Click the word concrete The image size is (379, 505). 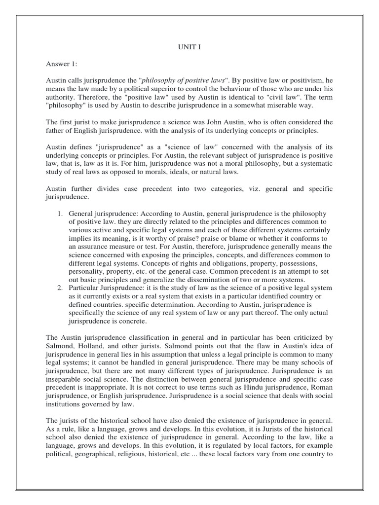click(x=130, y=321)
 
